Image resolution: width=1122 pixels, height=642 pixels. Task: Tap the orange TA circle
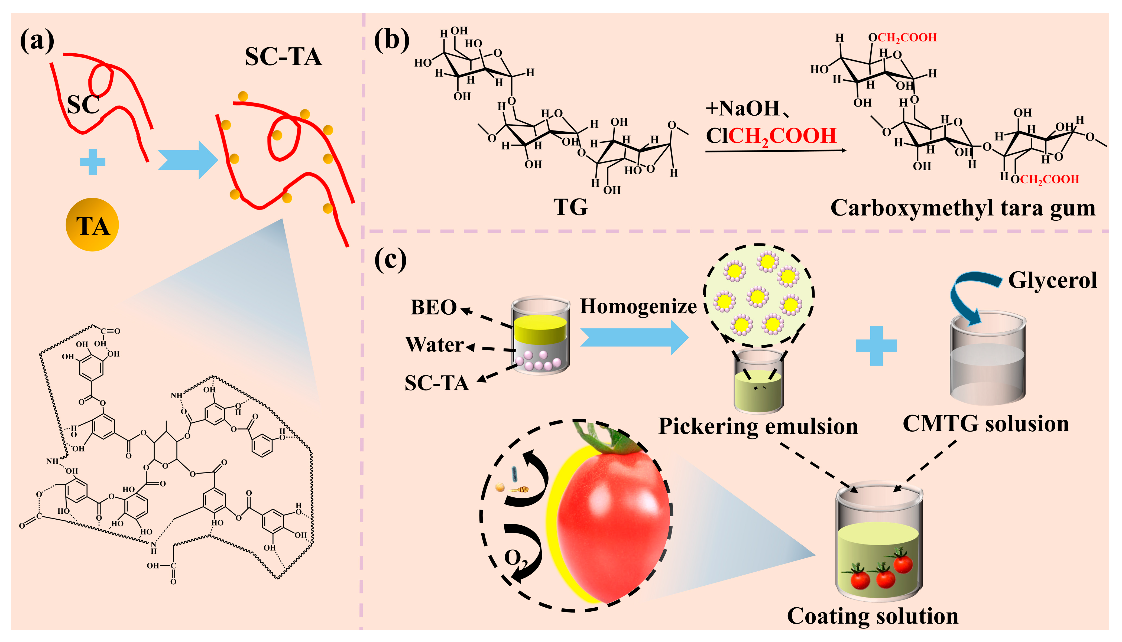(92, 225)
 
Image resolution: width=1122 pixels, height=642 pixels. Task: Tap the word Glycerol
(1052, 281)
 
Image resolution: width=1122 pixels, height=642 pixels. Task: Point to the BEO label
(433, 307)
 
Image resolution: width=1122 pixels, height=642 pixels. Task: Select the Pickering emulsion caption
(758, 426)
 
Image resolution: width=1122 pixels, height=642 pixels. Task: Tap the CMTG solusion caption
(986, 424)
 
